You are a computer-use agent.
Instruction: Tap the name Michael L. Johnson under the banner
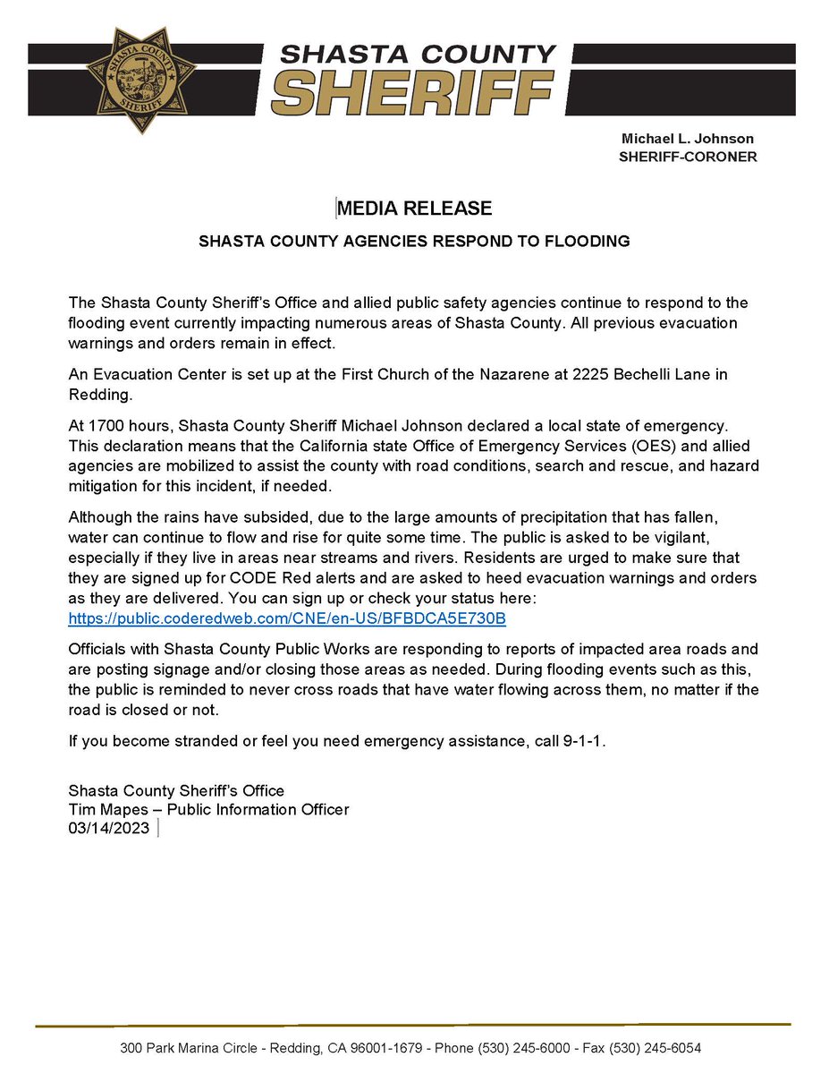(688, 139)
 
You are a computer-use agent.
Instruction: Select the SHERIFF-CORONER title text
(688, 157)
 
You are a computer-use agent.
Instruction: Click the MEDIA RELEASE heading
(415, 209)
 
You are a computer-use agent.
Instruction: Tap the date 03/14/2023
(110, 828)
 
